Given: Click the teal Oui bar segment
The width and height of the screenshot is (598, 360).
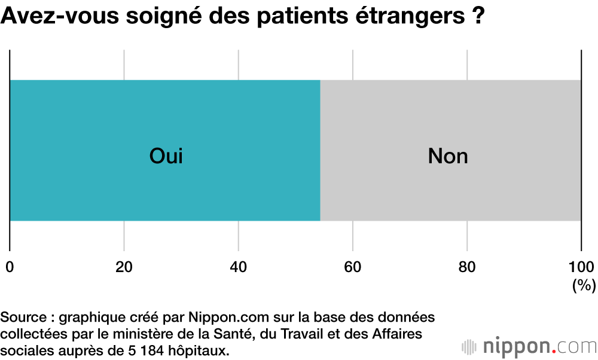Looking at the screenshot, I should [90, 120].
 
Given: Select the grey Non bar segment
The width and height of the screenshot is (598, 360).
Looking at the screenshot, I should [508, 120].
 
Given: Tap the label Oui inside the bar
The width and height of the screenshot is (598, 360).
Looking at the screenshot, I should [166, 156].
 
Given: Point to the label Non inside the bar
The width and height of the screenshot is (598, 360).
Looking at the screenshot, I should [448, 156].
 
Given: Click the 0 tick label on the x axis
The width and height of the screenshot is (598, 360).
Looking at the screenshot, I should [10, 267].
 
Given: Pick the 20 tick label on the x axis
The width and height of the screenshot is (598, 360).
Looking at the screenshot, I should [124, 267].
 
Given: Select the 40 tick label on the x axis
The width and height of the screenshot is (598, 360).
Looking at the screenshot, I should [239, 267].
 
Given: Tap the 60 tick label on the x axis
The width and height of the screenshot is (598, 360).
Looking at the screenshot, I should [353, 267].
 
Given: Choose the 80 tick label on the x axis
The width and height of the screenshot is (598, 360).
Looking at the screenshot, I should [467, 267].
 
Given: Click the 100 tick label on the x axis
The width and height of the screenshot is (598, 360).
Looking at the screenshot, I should [581, 267].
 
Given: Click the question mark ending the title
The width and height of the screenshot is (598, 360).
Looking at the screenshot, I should [475, 16].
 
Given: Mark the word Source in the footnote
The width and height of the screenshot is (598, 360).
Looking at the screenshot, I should [23, 316].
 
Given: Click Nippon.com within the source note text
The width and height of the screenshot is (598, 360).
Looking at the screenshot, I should [218, 316].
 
